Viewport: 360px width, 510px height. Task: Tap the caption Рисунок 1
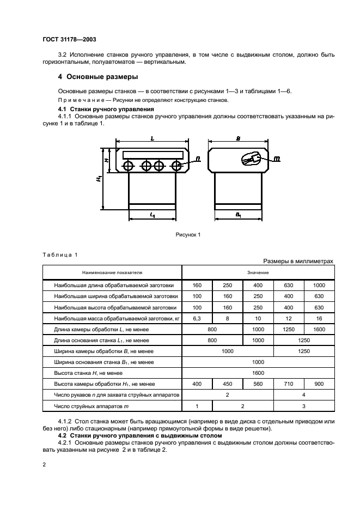188,234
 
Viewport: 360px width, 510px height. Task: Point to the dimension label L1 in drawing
152,215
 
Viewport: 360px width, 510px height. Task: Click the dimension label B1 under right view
239,215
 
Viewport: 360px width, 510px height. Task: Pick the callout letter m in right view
277,160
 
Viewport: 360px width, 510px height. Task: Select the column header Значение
258,271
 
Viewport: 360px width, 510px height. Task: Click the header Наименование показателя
112,271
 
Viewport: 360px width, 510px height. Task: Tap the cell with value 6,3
197,318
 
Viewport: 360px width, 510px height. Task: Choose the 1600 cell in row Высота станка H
258,373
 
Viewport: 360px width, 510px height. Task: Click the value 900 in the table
319,384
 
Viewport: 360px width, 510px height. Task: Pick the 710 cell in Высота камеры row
288,384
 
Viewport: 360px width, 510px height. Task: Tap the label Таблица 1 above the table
60,254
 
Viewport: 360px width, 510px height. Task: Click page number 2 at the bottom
44,464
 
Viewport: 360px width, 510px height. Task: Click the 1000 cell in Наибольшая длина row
319,285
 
